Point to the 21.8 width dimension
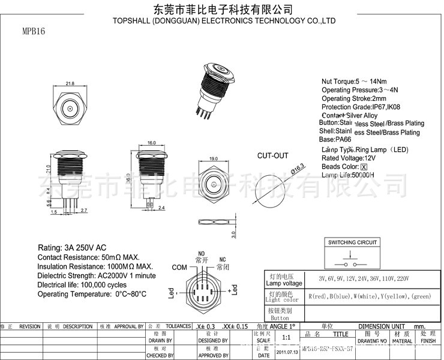[x=70, y=83]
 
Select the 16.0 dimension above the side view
[x=151, y=143]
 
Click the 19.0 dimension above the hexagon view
[x=212, y=158]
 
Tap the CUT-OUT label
[x=273, y=155]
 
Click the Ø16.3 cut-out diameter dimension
[x=299, y=169]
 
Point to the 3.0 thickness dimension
[x=233, y=233]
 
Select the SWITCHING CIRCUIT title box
[x=353, y=242]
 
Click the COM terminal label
[x=179, y=267]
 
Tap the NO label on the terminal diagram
[x=201, y=254]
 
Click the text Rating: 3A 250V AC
[x=72, y=248]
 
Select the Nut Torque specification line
[x=354, y=82]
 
